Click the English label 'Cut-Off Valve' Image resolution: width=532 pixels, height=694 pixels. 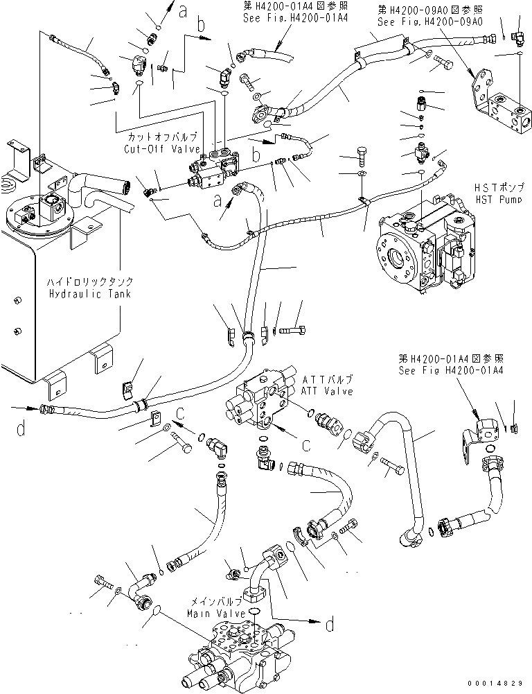[161, 148]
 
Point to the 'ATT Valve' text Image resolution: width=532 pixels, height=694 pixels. [326, 391]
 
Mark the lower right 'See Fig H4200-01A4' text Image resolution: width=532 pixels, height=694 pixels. [450, 370]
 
